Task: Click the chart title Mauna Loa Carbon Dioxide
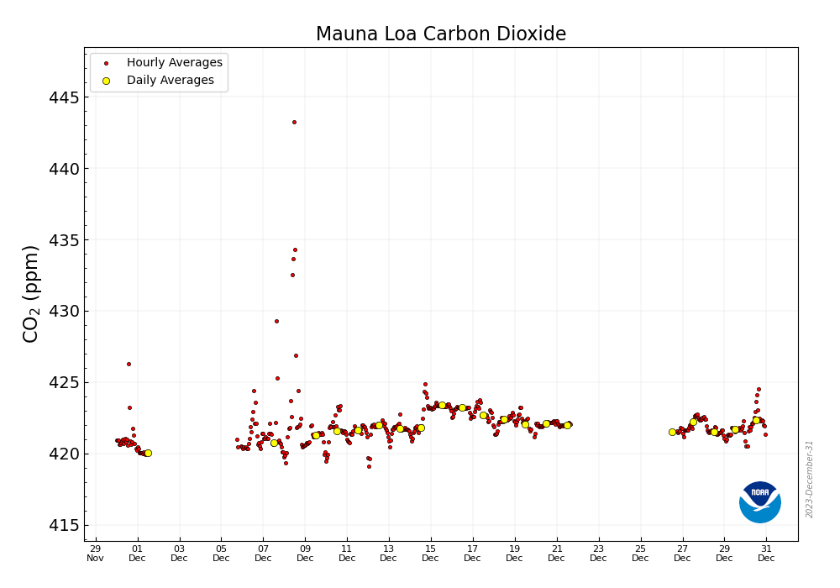click(x=440, y=34)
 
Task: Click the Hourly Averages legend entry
click(x=174, y=63)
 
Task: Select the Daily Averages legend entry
click(x=170, y=81)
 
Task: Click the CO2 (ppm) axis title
click(x=31, y=293)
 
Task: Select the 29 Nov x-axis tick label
click(x=95, y=553)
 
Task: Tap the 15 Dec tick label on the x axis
click(x=430, y=553)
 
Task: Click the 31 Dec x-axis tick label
click(x=766, y=553)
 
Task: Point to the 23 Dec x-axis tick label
click(x=598, y=553)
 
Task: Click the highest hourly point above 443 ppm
click(x=294, y=122)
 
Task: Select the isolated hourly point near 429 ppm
click(x=276, y=321)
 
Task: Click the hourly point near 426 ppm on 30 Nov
click(x=129, y=364)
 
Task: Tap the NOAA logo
click(x=759, y=502)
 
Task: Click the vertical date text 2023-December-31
click(x=810, y=479)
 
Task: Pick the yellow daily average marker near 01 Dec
click(x=148, y=453)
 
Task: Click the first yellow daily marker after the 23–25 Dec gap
click(x=672, y=432)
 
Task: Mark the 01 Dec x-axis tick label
click(x=137, y=553)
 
